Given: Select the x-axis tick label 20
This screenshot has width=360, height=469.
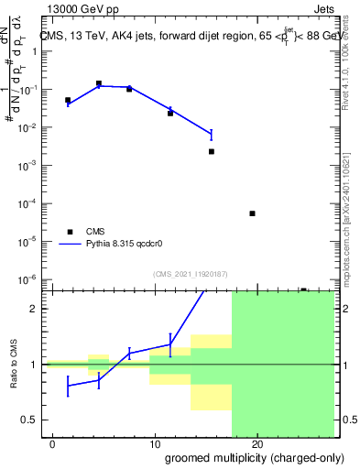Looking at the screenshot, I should coord(257,443).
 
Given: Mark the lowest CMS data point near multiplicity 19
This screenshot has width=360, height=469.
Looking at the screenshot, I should coord(252,213).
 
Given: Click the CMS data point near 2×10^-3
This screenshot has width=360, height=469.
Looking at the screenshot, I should coord(212,151).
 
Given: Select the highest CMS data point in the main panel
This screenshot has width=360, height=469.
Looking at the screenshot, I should coord(99,83).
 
